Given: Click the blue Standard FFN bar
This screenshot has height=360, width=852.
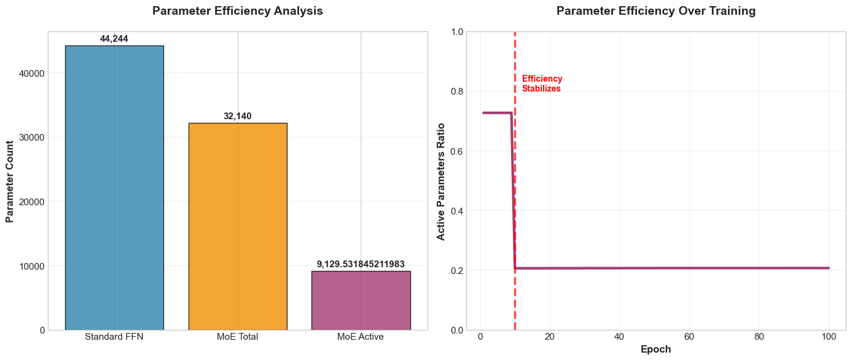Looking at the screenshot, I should point(114,187).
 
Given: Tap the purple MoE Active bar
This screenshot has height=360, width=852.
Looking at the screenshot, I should point(361,300).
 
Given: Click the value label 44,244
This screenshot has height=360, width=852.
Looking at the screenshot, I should point(114,39).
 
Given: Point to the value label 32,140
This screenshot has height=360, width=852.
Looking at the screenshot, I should point(238,117).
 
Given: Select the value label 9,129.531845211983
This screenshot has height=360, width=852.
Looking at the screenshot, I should point(361,264).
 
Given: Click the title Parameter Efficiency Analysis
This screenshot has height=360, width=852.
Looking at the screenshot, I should point(238,11).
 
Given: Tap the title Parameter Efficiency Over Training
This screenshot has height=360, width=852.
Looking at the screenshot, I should point(656,11).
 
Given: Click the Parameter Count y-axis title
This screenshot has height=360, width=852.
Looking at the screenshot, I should point(10,181).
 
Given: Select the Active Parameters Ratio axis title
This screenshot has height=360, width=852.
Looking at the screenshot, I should point(440,181).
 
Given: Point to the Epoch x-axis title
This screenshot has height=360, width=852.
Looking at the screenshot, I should point(656,350).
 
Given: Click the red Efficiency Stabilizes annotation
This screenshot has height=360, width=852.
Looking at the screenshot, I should point(542,84).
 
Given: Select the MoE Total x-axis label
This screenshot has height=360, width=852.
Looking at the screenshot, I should point(238,337).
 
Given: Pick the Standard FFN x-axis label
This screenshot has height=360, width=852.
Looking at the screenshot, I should point(114,337).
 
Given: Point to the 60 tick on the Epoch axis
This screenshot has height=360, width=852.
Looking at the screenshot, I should point(689,337).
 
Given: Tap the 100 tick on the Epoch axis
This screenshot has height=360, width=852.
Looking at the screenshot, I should point(829,337).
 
